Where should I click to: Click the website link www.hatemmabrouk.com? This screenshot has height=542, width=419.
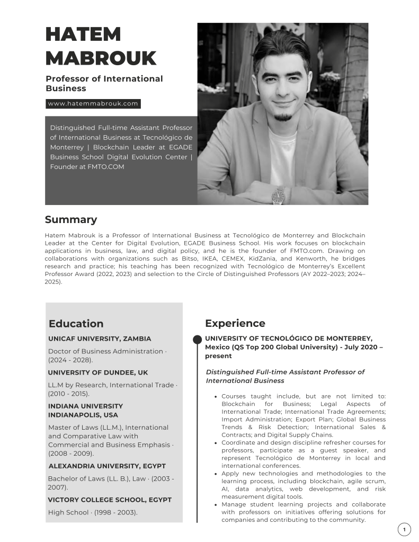pos(93,104)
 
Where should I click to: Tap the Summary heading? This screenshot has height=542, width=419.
pos(71,219)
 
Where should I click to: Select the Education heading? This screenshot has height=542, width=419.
pos(76,324)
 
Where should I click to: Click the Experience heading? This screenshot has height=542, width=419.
pos(235,323)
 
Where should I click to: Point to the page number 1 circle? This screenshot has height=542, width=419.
pos(404,529)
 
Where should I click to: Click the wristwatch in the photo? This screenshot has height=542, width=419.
pos(278,196)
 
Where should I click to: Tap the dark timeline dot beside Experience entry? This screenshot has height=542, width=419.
pos(197,339)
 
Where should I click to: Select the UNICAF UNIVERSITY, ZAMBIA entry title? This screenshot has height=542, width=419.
pos(100,339)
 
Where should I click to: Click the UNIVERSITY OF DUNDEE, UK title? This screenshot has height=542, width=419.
pos(98,372)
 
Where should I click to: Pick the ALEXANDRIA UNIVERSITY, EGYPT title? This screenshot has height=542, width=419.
pos(107,466)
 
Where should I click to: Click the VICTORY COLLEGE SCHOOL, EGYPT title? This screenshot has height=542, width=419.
pos(110,500)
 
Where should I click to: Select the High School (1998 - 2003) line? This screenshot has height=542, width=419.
pos(93,512)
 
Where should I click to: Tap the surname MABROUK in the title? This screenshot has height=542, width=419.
pos(101,58)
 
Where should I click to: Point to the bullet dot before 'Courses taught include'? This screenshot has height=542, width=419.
pos(216,396)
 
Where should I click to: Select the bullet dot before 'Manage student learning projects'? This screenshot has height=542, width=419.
pos(216,504)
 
